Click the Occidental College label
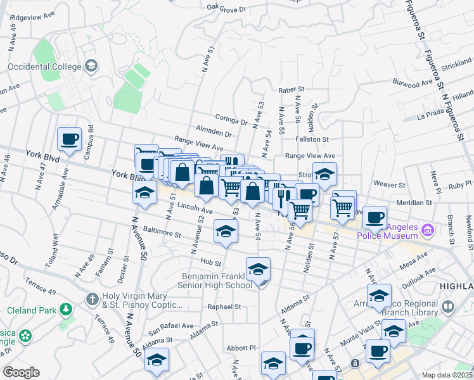[44, 66]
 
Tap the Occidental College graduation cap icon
[91, 65]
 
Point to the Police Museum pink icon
[427, 229]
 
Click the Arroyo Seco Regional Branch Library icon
[448, 308]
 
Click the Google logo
[21, 372]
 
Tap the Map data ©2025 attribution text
[447, 375]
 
